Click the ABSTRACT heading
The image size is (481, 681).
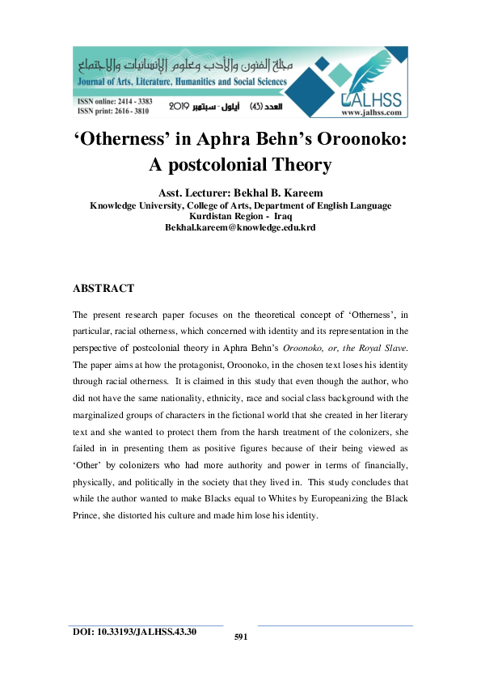pos(103,288)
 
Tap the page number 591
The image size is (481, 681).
pos(240,637)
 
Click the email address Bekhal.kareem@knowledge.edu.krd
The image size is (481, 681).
pos(240,228)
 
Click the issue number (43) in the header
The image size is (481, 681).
pos(257,106)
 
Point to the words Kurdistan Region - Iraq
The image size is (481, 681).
pos(240,217)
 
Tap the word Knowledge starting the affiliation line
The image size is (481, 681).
pos(113,205)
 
